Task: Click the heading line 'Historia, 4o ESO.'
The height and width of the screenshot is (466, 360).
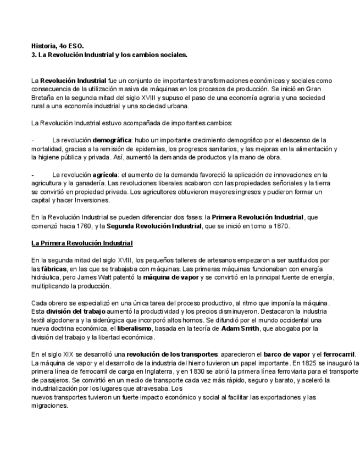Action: [58, 47]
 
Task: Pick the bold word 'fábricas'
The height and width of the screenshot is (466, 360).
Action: [53, 269]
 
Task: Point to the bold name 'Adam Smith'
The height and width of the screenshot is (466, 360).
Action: [240, 329]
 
